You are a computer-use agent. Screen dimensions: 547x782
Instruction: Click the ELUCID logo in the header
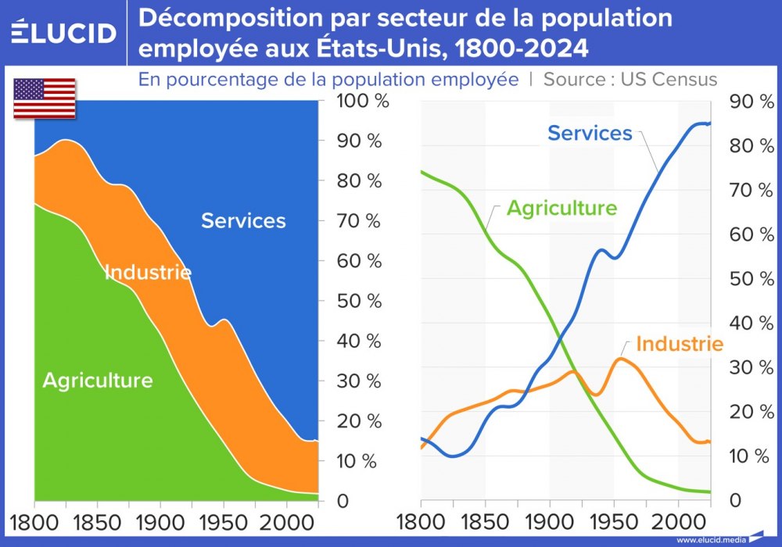point(63,32)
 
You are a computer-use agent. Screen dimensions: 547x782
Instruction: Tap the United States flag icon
point(45,98)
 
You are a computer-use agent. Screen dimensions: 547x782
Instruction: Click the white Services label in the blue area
point(243,220)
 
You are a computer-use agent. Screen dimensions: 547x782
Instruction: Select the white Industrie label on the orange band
point(148,272)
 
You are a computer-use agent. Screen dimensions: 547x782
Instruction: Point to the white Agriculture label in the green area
point(97,381)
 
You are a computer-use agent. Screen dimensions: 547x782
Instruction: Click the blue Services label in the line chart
point(590,133)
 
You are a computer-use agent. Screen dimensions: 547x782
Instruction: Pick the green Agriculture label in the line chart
point(561,208)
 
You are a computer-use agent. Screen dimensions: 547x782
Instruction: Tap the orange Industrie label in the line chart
point(679,344)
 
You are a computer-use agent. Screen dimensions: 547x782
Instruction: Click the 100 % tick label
point(359,102)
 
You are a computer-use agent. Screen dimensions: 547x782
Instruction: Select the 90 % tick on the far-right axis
point(749,102)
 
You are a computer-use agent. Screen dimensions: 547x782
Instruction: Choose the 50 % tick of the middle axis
point(357,301)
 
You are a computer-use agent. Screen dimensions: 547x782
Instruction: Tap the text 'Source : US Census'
point(630,79)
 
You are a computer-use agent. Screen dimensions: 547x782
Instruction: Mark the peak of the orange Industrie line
point(621,359)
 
